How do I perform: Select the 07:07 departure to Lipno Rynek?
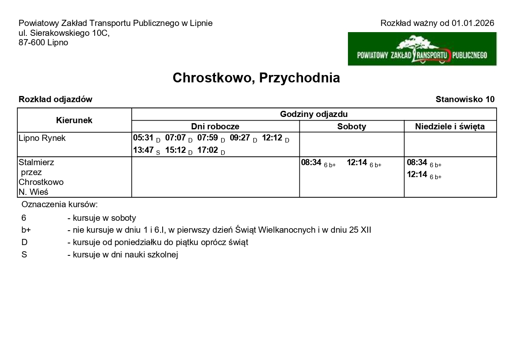[x=175, y=138]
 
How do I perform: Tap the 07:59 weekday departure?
[x=208, y=138]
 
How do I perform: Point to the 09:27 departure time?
[x=240, y=138]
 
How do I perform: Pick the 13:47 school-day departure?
[x=143, y=150]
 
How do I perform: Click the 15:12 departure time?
[x=175, y=150]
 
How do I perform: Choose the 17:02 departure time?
[x=208, y=150]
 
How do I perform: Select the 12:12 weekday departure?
[x=272, y=138]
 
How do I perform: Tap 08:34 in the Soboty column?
[x=311, y=163]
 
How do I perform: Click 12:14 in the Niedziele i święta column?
[x=417, y=175]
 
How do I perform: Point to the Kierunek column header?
[x=74, y=120]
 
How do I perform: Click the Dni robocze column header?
[x=215, y=126]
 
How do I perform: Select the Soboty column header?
[x=352, y=126]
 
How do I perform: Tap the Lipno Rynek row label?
[x=42, y=138]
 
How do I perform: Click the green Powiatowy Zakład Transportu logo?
[x=422, y=49]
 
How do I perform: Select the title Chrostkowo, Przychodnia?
[x=256, y=78]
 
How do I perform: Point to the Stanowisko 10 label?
[x=465, y=99]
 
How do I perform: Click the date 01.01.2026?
[x=473, y=23]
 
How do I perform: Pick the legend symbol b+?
[x=26, y=230]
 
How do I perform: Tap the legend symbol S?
[x=24, y=255]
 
